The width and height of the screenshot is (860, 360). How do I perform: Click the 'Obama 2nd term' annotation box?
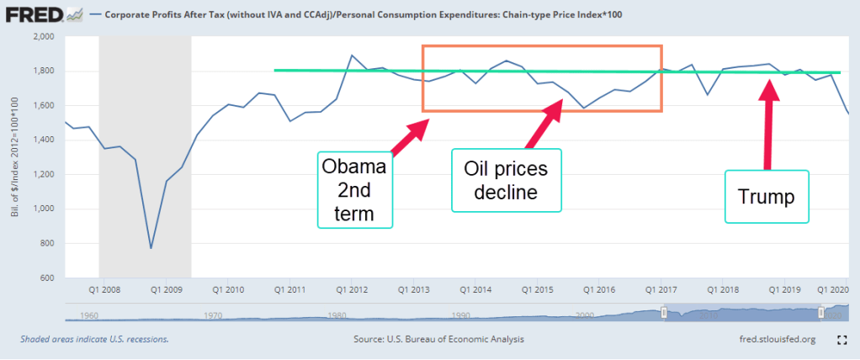tap(357, 189)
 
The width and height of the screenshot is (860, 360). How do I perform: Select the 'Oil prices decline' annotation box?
tap(506, 180)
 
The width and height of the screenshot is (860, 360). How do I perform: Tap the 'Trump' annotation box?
tap(767, 196)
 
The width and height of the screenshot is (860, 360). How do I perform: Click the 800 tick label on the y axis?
tap(47, 243)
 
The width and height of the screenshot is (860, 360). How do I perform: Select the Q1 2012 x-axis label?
tap(353, 289)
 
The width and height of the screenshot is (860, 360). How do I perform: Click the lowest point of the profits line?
tap(151, 248)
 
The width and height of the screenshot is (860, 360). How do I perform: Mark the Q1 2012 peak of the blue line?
tap(352, 56)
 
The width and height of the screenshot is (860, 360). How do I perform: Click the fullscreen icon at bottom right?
tap(841, 340)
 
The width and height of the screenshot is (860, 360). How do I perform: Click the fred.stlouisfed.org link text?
tap(772, 340)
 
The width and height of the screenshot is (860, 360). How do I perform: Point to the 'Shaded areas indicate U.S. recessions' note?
tap(94, 340)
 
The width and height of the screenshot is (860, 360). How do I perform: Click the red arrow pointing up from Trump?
tap(767, 126)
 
